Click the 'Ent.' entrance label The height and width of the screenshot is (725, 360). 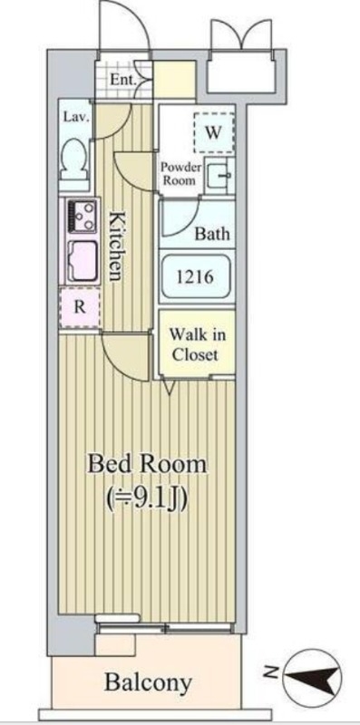click(123, 80)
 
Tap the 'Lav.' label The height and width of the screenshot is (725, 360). click(73, 117)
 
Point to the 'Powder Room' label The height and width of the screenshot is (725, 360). click(180, 173)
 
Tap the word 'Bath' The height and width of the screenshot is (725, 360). click(212, 233)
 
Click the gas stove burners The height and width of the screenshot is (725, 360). click(83, 216)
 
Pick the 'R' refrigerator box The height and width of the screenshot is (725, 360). click(80, 305)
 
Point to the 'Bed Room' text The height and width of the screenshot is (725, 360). click(147, 464)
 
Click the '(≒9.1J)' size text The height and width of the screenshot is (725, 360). click(147, 497)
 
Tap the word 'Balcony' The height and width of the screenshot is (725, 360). click(146, 681)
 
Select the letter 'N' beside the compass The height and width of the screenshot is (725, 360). click(270, 672)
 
